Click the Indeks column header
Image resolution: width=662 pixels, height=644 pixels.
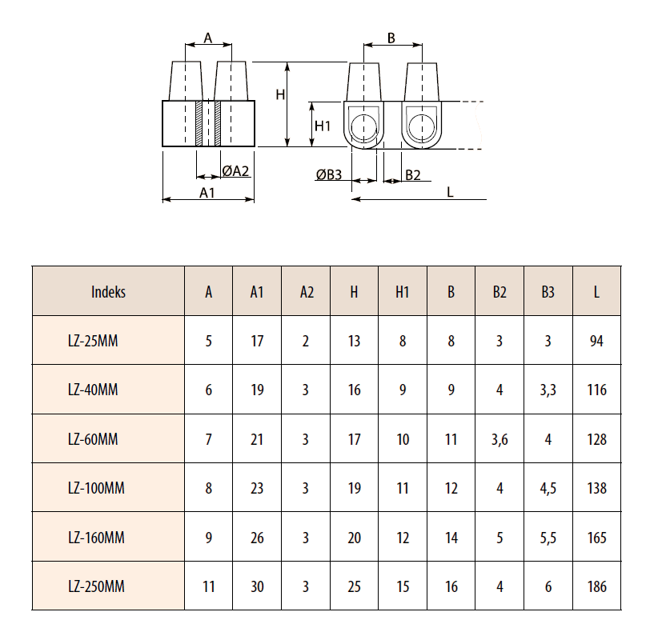click(x=108, y=292)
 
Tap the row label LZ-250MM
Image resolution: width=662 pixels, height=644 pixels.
click(x=96, y=586)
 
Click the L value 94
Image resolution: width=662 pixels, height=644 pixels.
click(x=596, y=342)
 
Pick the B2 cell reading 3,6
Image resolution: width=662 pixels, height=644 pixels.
click(x=500, y=439)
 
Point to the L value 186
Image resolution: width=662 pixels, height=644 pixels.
click(x=596, y=586)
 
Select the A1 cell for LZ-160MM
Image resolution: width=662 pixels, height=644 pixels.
click(x=257, y=538)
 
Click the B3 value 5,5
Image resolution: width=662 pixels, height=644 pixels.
click(x=548, y=538)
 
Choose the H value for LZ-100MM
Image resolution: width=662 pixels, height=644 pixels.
click(x=355, y=488)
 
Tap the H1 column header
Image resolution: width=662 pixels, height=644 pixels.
click(x=403, y=292)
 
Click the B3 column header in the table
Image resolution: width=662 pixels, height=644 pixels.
click(x=548, y=292)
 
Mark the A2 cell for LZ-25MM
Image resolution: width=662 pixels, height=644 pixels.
click(x=306, y=342)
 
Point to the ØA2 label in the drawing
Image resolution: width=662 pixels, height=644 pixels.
click(x=236, y=170)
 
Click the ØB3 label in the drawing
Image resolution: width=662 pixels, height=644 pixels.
click(x=328, y=175)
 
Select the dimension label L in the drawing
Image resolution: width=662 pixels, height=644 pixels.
click(x=451, y=191)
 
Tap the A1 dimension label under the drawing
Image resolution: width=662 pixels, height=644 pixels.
click(x=207, y=192)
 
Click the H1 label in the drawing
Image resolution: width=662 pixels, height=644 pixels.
click(x=323, y=126)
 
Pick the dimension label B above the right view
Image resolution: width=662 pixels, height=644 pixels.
click(x=391, y=38)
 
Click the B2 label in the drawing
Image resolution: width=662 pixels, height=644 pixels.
click(x=412, y=175)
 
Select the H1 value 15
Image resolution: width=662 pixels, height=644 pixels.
click(x=403, y=586)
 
